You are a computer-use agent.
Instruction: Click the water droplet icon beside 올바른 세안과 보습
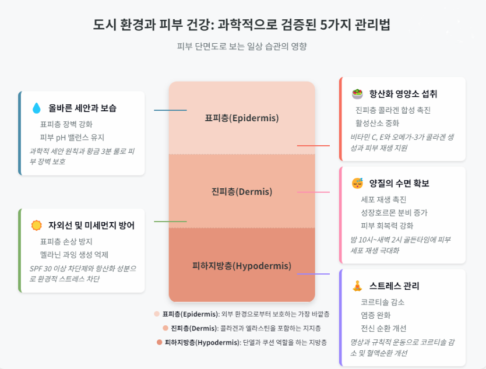37,108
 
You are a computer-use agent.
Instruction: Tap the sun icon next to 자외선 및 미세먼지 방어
37,225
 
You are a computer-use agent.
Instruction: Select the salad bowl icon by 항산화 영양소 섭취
357,94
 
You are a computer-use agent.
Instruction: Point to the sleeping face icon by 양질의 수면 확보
357,184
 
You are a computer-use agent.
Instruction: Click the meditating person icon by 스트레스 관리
357,286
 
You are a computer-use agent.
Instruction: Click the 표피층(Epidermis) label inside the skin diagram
242,118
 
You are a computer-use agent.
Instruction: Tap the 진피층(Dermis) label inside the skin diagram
242,191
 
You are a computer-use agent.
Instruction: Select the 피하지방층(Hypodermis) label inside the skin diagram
242,266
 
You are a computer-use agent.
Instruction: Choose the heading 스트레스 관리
394,286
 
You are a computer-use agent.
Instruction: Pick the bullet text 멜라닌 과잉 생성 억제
74,255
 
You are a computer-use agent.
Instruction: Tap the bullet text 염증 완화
376,315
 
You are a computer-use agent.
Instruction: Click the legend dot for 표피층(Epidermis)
157,314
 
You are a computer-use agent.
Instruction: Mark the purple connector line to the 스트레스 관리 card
314,274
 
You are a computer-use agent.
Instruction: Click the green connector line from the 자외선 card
170,222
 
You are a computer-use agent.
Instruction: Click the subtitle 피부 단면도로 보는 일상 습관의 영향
242,46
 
